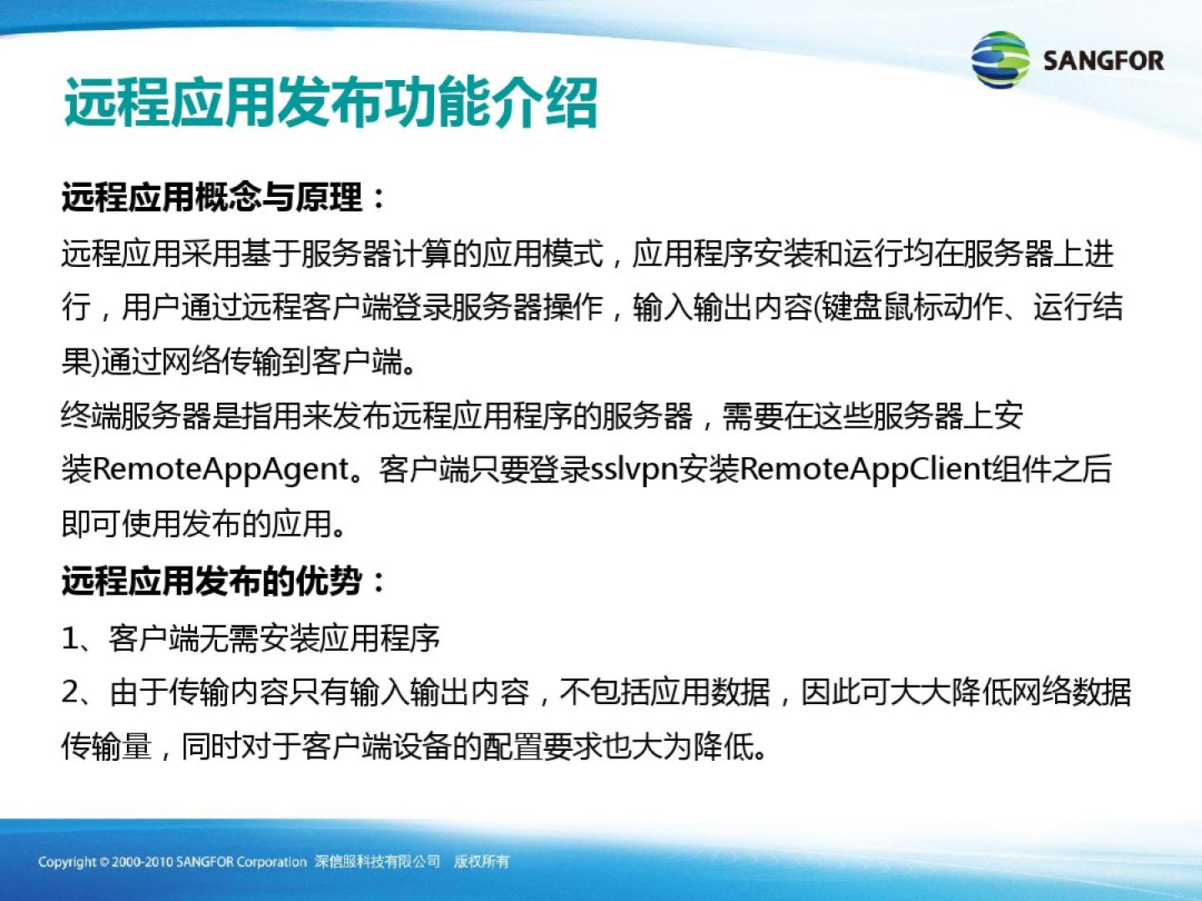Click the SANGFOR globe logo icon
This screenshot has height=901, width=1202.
pos(1000,59)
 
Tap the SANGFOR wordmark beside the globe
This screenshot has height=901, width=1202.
pos(1104,61)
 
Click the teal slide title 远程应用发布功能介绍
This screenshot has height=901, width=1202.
pos(331,103)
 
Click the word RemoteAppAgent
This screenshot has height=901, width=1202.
pos(220,470)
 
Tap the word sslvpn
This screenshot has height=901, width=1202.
pos(634,470)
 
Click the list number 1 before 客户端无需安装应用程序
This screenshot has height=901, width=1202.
pos(71,638)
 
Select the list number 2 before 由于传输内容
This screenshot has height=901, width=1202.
pos(71,692)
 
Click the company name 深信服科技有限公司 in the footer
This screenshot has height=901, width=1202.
pos(377,862)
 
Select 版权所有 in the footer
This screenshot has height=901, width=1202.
pos(482,862)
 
